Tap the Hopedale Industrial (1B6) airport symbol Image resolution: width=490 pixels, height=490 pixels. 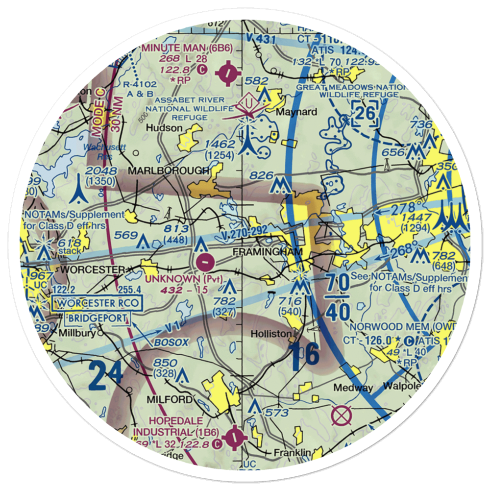pyautogui.click(x=235, y=434)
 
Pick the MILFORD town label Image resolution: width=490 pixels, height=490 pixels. pyautogui.click(x=168, y=400)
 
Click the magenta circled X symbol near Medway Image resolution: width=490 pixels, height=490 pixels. pyautogui.click(x=342, y=416)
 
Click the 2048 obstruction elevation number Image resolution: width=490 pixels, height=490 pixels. pyautogui.click(x=101, y=171)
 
